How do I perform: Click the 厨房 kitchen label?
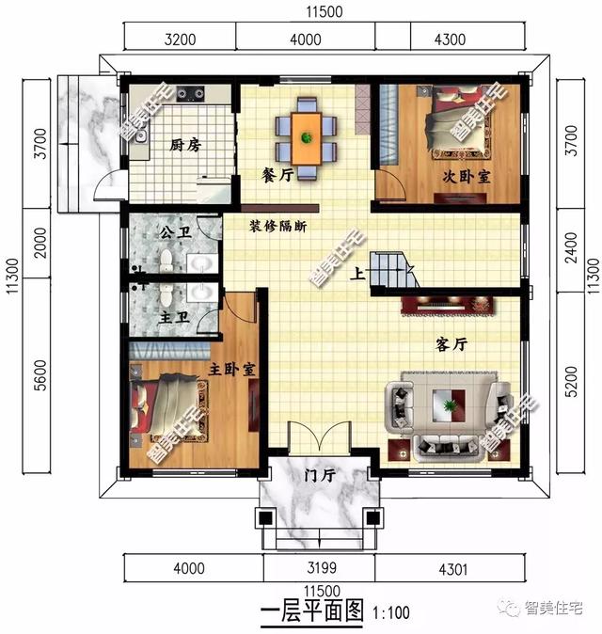click(x=185, y=146)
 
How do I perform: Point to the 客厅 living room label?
click(x=452, y=345)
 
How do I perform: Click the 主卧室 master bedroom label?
click(x=230, y=369)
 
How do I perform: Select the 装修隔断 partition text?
click(x=278, y=227)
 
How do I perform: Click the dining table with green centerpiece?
click(x=306, y=137)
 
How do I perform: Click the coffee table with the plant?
click(x=451, y=407)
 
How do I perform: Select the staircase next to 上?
click(x=393, y=271)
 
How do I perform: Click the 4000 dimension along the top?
click(x=306, y=40)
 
